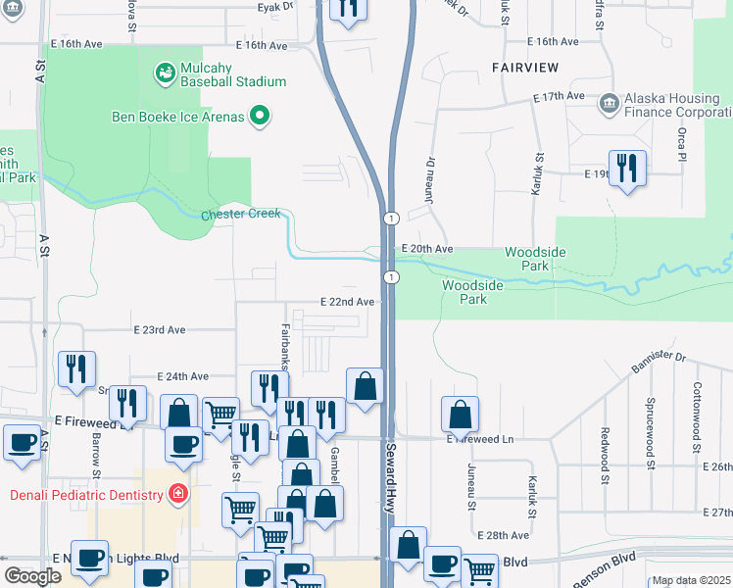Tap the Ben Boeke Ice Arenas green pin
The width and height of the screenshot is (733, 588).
point(260,117)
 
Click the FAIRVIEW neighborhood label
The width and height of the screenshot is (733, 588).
point(524,68)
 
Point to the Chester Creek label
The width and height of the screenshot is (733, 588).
point(241,214)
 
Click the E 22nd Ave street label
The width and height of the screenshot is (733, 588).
point(348,302)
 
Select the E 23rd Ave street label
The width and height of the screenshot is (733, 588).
point(160,330)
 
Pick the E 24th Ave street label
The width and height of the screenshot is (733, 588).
point(183,376)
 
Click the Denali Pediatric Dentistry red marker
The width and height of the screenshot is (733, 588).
point(178,494)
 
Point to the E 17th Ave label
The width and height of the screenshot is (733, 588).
point(559,97)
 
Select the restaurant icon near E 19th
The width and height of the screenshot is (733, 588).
point(625,168)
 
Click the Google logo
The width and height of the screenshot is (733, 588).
point(33,576)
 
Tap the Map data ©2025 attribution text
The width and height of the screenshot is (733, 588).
point(691,581)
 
